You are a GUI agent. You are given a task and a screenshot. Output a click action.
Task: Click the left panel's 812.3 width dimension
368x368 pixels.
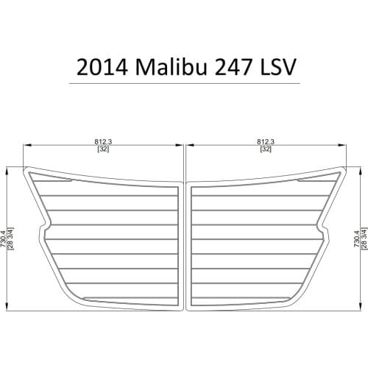coord(102,141)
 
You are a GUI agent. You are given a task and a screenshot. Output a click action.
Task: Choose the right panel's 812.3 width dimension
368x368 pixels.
coord(266,141)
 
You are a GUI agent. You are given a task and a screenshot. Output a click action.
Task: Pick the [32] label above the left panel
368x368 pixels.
coord(102,149)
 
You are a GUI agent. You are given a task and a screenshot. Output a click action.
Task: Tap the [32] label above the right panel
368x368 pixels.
coord(266,149)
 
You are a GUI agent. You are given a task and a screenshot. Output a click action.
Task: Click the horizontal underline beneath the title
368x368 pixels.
coord(184,83)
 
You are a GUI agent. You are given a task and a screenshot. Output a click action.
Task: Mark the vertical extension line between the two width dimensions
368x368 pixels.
coord(184,158)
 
